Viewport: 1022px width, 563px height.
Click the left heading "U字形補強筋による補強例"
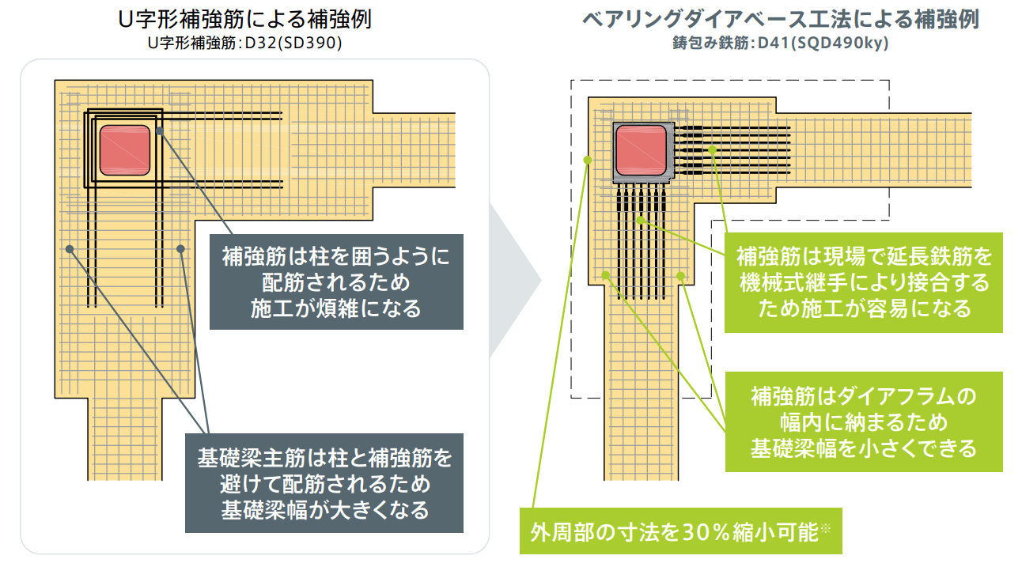coord(255,19)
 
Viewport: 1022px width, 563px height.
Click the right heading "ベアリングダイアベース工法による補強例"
coord(780,19)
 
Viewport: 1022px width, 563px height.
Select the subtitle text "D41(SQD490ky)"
coord(823,43)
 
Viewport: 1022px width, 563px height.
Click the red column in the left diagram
coord(125,150)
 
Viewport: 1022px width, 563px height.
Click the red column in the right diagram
coord(641,150)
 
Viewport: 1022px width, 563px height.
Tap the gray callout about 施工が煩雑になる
coord(336,281)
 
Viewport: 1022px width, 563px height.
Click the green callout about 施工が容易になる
coord(863,282)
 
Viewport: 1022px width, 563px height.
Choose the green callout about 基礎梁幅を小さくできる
coord(863,421)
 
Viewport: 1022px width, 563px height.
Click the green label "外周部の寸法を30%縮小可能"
coord(680,531)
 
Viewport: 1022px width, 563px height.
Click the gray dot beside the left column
coord(160,131)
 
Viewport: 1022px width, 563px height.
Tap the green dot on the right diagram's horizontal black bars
coord(712,149)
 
